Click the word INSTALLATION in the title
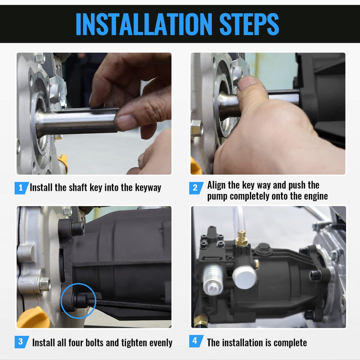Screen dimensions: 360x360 [x=144, y=24]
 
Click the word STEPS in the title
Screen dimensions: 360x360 [x=249, y=24]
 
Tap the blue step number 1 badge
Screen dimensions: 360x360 [x=22, y=188]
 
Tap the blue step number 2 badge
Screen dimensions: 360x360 [x=196, y=188]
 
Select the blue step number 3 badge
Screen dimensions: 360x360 [x=22, y=341]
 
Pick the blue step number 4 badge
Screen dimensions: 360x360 [x=196, y=341]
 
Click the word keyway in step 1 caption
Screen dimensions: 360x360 [x=148, y=188]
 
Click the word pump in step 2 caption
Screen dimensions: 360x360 [x=218, y=197]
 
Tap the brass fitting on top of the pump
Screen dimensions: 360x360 [x=242, y=238]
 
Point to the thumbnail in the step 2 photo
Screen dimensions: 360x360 [x=247, y=83]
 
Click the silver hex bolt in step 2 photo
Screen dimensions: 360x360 [x=197, y=128]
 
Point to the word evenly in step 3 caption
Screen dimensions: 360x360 [x=160, y=343]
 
